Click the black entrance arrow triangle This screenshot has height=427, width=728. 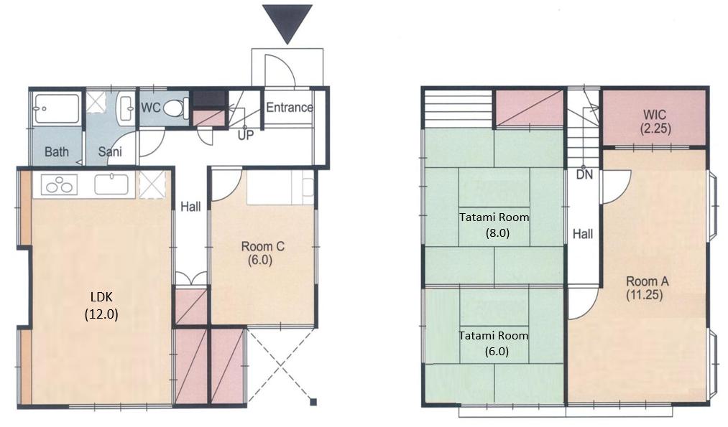point(287,21)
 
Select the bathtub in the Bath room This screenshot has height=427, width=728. point(57,109)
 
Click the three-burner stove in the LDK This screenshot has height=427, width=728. point(60,184)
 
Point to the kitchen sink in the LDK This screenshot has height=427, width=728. point(111,184)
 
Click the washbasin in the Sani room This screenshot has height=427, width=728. point(125,108)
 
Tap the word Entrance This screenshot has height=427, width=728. point(289,108)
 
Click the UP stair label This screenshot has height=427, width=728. point(246,135)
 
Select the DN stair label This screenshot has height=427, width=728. point(584,175)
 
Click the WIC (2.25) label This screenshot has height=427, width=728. point(655,121)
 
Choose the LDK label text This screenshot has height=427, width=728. point(101,297)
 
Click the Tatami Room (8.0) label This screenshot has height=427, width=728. point(494,225)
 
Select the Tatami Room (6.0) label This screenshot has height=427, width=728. point(494,343)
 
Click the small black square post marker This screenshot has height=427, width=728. point(314,402)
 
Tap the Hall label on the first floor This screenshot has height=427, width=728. point(190,206)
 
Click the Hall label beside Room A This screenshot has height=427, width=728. point(583,234)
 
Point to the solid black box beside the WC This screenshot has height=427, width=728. point(209,99)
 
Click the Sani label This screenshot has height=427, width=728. point(110,151)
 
